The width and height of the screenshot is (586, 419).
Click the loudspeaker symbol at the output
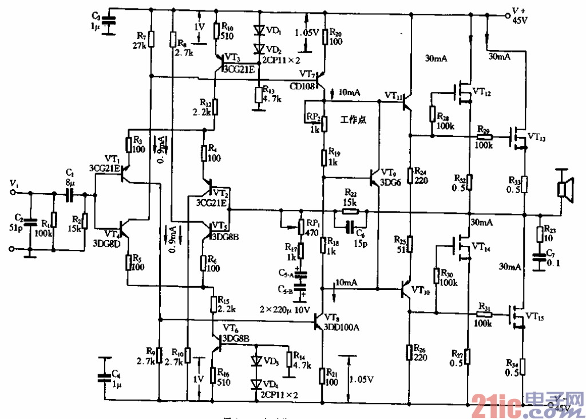565,187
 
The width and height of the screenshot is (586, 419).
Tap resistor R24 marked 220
410,174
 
